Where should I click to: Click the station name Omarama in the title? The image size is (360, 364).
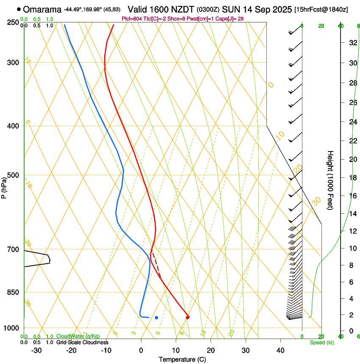43,9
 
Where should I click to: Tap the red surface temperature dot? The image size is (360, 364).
188,317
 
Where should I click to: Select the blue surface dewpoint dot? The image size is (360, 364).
156,317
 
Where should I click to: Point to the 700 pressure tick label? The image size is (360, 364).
13,250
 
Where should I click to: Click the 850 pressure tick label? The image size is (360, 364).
13,292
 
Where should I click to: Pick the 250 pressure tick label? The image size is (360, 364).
13,22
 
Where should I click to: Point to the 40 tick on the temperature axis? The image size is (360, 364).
280,350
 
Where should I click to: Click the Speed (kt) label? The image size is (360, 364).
322,342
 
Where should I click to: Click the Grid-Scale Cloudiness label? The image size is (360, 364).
82,342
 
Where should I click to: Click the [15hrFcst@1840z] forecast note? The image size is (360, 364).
321,9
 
